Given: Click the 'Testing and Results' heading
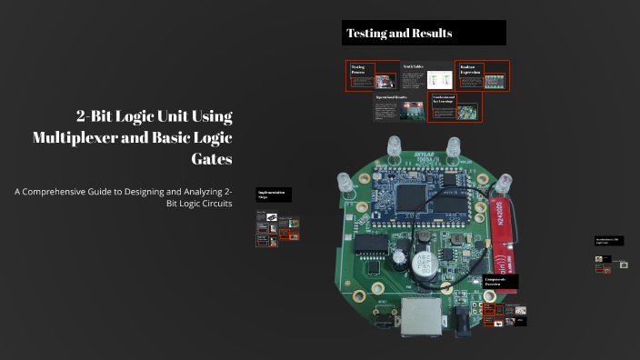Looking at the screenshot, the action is click(399, 34).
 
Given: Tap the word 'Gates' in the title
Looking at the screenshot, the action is click(211, 158).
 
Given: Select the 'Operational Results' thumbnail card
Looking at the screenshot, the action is click(399, 107).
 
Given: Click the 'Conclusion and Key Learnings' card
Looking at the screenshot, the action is click(455, 107).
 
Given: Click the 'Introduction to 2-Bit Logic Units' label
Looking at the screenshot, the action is click(607, 241).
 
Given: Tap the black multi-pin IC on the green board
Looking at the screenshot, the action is click(372, 245).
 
